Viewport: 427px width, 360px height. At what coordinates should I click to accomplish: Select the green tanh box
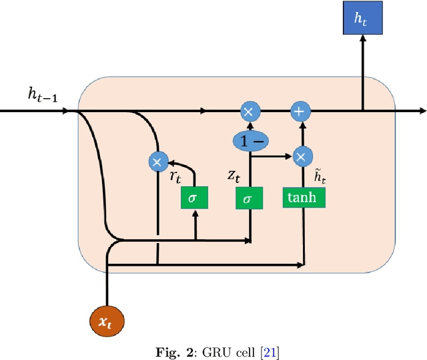tap(304, 197)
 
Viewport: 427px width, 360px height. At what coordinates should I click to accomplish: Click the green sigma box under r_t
tap(195, 198)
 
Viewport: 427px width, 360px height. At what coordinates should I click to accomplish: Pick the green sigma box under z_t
tap(249, 198)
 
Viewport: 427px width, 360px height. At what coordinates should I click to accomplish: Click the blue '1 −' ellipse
tap(250, 140)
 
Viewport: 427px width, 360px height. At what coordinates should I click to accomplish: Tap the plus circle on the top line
tap(299, 112)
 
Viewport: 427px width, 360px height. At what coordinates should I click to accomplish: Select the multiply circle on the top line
tap(248, 112)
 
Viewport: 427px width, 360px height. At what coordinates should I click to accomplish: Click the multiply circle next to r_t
tap(157, 162)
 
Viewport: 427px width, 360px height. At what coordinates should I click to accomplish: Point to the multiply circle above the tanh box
tap(300, 157)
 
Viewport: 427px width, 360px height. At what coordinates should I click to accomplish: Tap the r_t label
tap(174, 177)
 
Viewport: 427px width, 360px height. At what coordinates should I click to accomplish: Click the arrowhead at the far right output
tap(422, 111)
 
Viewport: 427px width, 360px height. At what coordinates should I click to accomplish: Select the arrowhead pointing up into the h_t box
tap(362, 40)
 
